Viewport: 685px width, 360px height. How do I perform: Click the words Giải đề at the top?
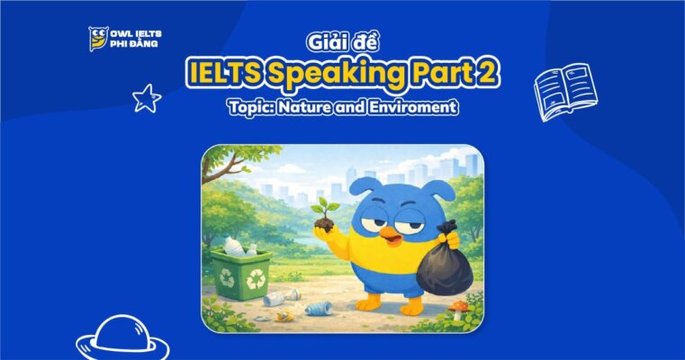pyautogui.click(x=343, y=43)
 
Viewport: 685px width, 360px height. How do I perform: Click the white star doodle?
pyautogui.click(x=146, y=97)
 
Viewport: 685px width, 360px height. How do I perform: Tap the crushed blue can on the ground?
pyautogui.click(x=319, y=308)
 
